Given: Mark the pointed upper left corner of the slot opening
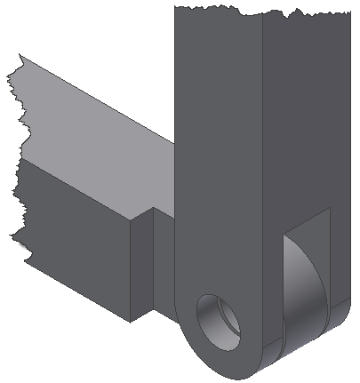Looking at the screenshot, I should (x=284, y=235).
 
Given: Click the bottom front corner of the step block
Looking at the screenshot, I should (x=131, y=322).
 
